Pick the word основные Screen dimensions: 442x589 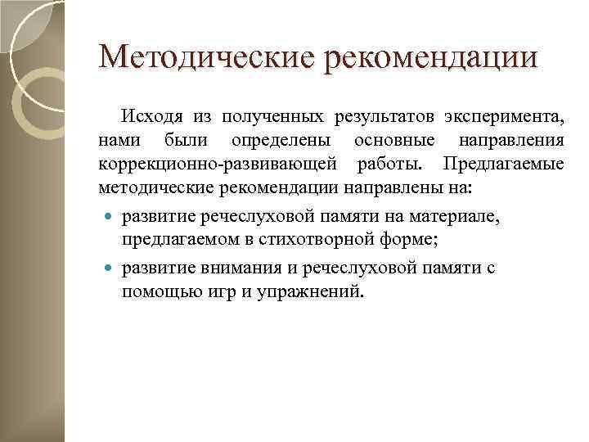[x=395, y=139]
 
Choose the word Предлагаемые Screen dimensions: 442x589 [x=503, y=164]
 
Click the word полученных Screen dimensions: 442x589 [x=281, y=115]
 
